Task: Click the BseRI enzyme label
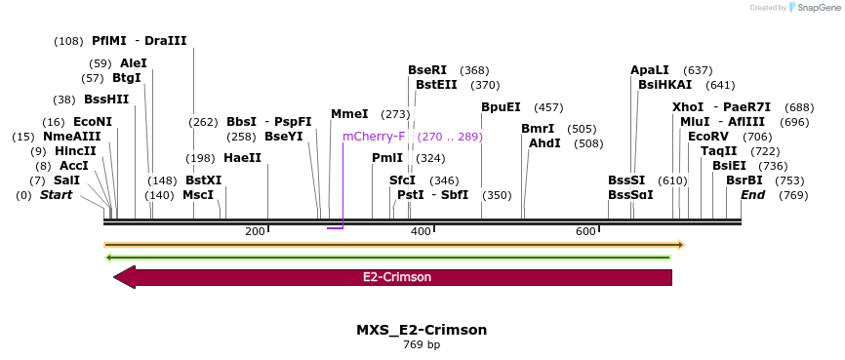click(427, 70)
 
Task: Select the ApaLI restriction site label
click(650, 70)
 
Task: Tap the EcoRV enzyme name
click(708, 137)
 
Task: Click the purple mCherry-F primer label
click(374, 137)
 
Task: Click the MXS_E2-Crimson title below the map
click(422, 330)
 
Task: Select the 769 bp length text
click(422, 345)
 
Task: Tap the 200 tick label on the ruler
click(256, 231)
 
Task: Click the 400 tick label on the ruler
click(421, 231)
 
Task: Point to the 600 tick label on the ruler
click(585, 231)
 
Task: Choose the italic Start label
click(56, 195)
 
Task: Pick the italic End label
click(752, 195)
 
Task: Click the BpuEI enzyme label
click(501, 107)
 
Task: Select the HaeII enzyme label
click(243, 158)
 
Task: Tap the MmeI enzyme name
click(349, 114)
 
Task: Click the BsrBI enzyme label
click(744, 180)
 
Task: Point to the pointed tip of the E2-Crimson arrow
click(115, 277)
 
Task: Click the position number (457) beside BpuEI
click(549, 107)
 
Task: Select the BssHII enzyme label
click(106, 100)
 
